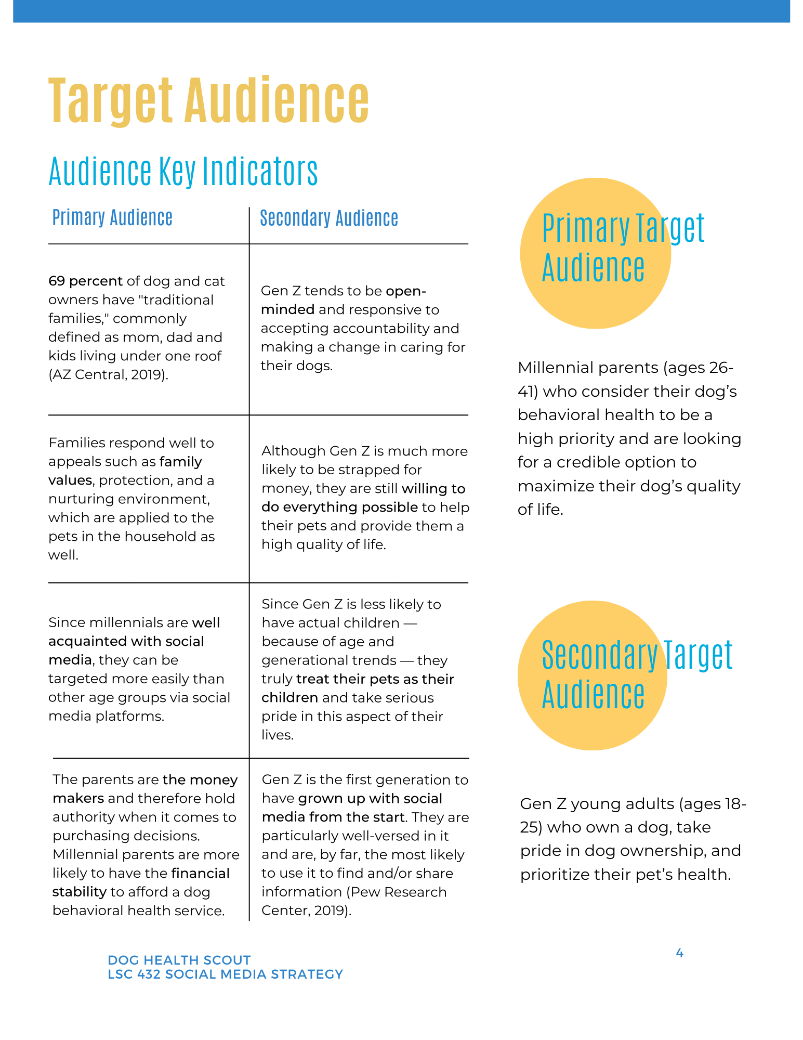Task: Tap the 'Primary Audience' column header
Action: point(112,217)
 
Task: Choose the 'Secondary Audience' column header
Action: point(329,218)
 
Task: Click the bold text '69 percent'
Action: point(85,281)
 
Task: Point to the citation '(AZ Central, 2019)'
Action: point(108,375)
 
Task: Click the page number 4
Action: point(679,953)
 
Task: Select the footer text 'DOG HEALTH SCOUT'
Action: point(179,960)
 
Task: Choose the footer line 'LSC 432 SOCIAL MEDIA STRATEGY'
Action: point(225,974)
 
